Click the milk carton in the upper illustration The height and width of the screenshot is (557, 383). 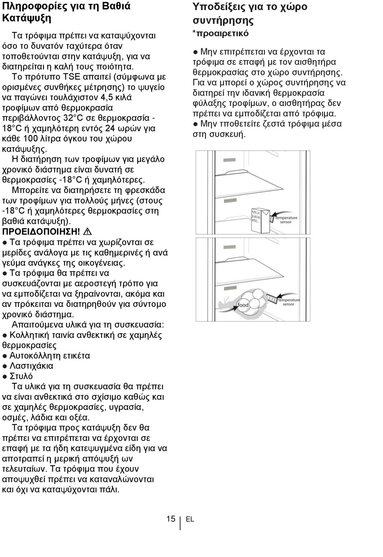click(260, 220)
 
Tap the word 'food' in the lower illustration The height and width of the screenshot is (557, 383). click(243, 305)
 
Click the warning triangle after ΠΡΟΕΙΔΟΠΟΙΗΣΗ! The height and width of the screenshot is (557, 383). click(87, 232)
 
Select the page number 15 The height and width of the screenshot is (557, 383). click(171, 519)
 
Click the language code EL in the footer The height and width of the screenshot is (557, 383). click(190, 519)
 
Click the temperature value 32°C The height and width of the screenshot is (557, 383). click(70, 118)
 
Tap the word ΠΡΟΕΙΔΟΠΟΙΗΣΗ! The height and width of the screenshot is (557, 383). click(41, 232)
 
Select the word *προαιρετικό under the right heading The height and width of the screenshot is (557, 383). click(221, 33)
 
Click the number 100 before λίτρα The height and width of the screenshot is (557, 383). click(30, 139)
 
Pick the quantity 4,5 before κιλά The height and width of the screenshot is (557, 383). click(106, 97)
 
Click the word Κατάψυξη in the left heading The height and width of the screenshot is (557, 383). click(27, 18)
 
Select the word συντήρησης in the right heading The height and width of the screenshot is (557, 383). click(223, 21)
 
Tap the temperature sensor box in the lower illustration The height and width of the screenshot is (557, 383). click(272, 299)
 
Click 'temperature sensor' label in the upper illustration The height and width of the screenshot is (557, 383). click(286, 220)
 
